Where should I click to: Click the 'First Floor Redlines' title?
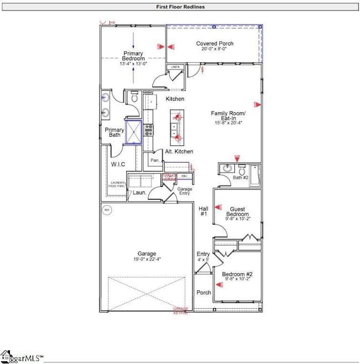coord(179,7)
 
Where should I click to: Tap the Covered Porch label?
coord(214,44)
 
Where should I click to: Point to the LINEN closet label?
coord(176,67)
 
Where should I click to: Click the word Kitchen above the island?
coord(175,99)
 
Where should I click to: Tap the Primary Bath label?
coord(114,133)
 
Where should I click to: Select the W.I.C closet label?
coord(117,164)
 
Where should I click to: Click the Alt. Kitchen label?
coord(179,152)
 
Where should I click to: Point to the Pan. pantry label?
coord(155,160)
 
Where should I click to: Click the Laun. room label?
coord(140,193)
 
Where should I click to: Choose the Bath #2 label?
coord(239,177)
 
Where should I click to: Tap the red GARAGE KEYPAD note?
coord(181,310)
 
